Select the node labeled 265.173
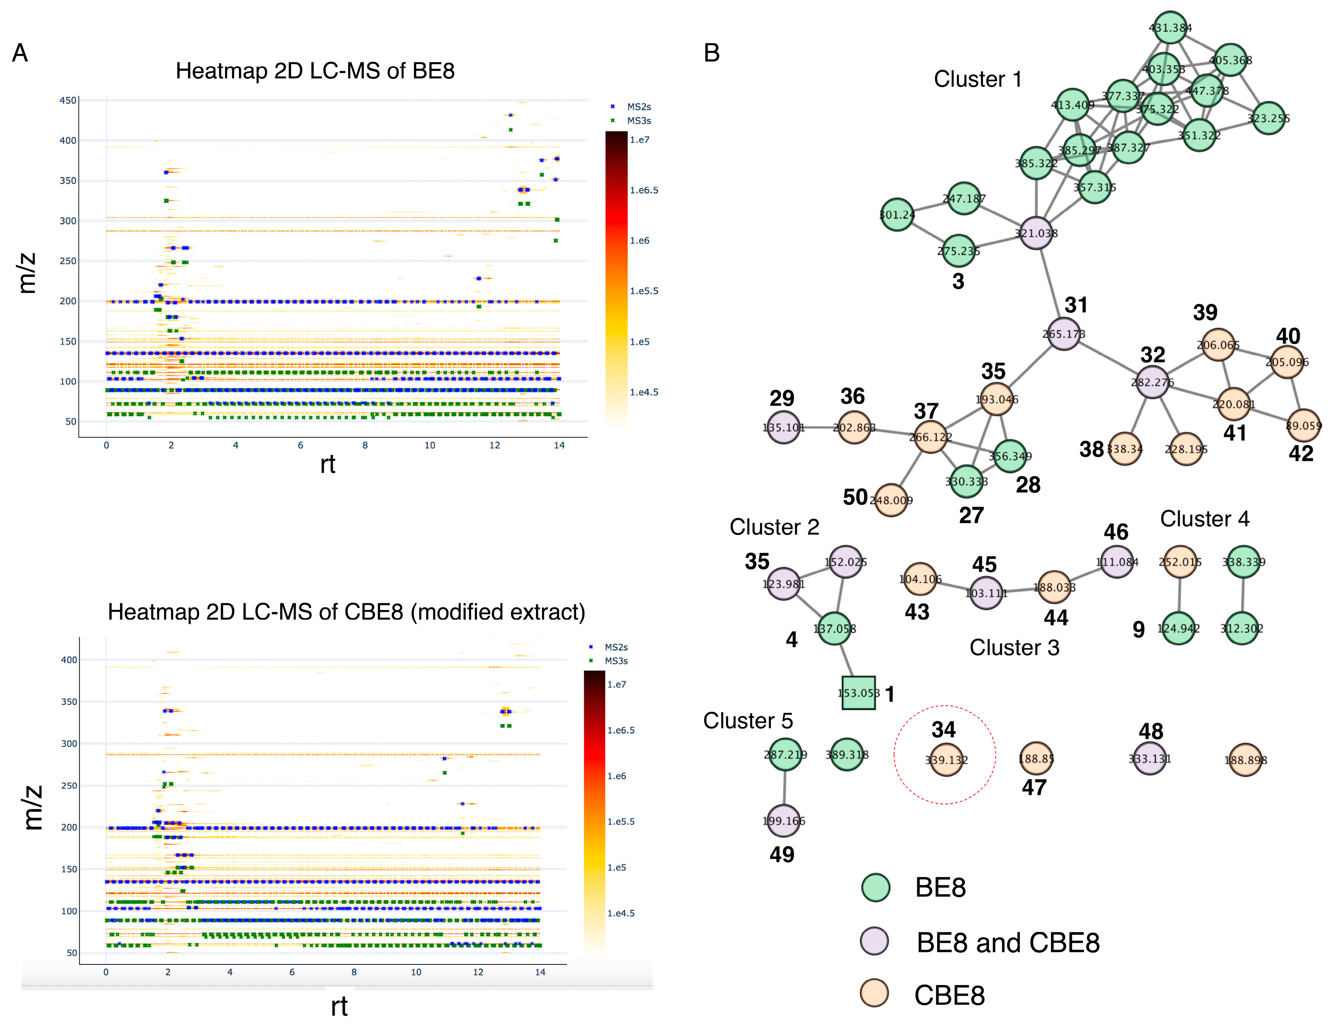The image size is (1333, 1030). (x=1064, y=334)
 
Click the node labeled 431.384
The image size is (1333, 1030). (x=1170, y=27)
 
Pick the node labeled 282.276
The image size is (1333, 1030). (x=1152, y=383)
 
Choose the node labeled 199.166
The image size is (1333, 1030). (x=784, y=821)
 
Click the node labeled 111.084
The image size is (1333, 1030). (x=1117, y=562)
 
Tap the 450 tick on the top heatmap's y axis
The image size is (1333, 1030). (x=68, y=100)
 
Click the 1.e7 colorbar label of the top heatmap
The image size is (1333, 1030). (x=640, y=140)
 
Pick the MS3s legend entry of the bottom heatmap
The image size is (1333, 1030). (x=616, y=661)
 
